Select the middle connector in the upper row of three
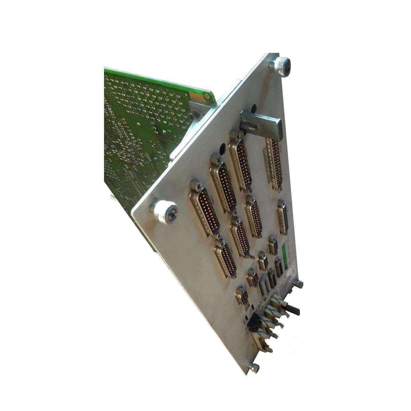223,185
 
